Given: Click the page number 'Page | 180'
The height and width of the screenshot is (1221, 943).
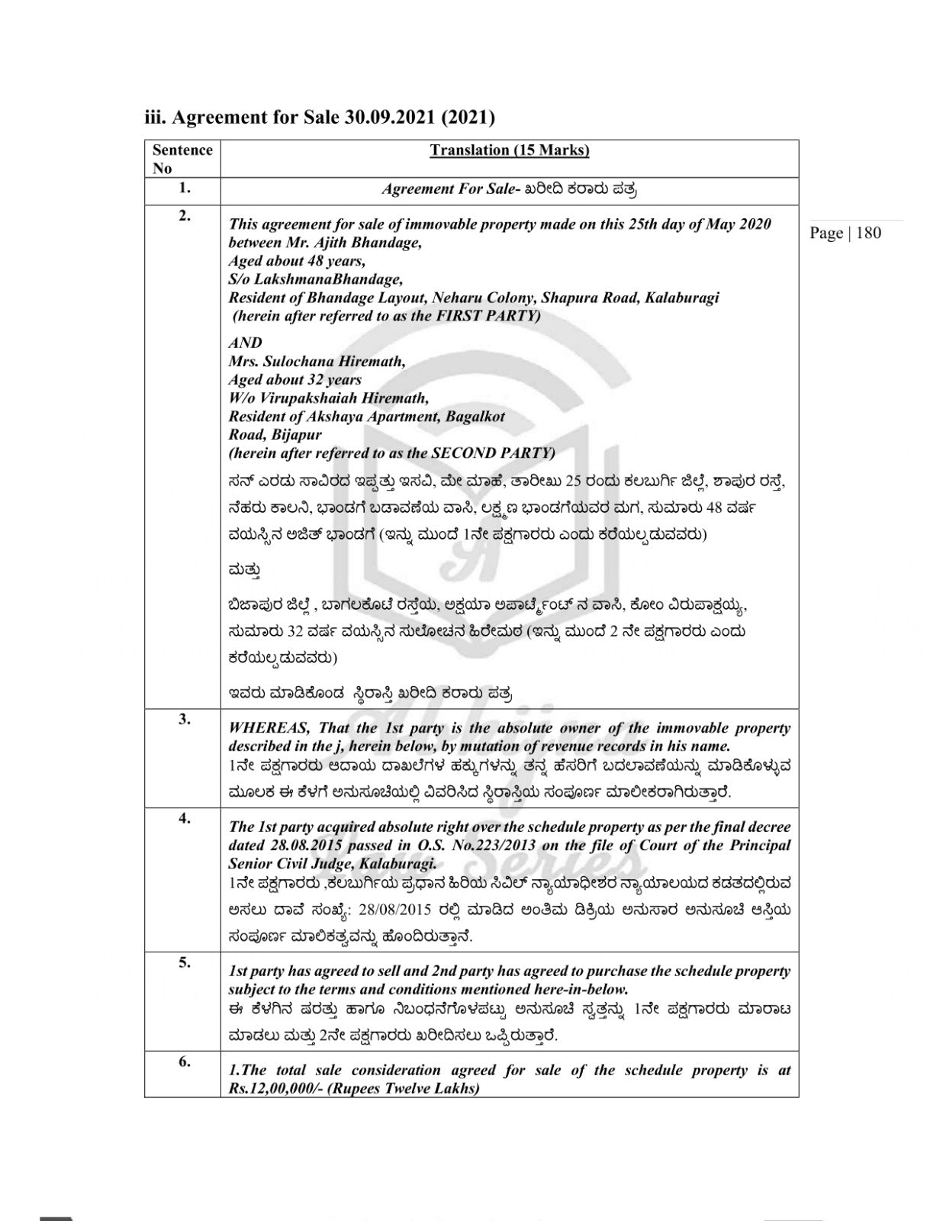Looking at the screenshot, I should pyautogui.click(x=845, y=233).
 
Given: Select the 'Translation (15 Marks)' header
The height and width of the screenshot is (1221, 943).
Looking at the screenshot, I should pyautogui.click(x=510, y=150).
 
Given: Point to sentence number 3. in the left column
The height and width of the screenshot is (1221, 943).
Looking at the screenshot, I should pyautogui.click(x=184, y=719).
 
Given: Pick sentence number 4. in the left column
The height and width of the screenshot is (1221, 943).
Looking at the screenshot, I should pyautogui.click(x=184, y=818).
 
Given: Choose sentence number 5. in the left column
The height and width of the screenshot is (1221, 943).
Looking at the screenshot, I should pyautogui.click(x=184, y=962).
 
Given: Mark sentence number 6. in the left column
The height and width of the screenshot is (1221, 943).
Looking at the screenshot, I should pyautogui.click(x=184, y=1062).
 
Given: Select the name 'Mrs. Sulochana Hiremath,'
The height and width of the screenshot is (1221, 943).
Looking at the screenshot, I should pyautogui.click(x=317, y=361).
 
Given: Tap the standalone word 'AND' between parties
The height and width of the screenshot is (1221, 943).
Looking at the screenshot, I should pyautogui.click(x=245, y=343).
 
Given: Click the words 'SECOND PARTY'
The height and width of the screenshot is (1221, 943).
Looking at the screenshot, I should pyautogui.click(x=493, y=453).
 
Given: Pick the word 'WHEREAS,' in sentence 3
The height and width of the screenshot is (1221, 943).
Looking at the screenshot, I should pyautogui.click(x=269, y=728).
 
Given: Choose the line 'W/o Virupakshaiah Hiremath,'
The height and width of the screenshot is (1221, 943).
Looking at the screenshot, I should pyautogui.click(x=328, y=398).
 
